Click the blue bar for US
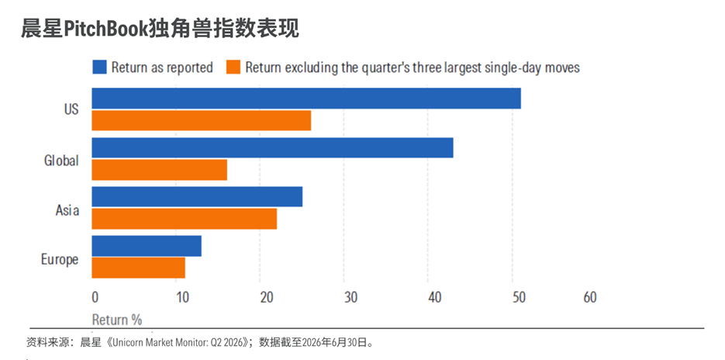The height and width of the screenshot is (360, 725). pos(306,98)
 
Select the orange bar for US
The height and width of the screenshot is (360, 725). pos(201,120)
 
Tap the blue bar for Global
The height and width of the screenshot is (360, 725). pos(272,147)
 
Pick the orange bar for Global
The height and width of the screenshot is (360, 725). pos(160,169)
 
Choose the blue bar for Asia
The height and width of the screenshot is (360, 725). pos(197,196)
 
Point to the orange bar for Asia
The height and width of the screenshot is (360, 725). pos(184,219)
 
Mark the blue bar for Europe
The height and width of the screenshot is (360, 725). pos(147,246)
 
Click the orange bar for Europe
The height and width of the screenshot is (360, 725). pos(138,268)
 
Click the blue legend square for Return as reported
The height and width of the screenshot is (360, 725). pos(99,67)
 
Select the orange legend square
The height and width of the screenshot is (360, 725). pos(233,67)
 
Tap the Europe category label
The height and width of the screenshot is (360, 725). pos(60,260)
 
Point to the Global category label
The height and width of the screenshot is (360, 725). pos(61,161)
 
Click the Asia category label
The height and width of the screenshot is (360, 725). pos(67,210)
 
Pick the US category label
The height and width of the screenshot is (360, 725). pos(71,109)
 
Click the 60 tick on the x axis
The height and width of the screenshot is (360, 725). pos(590,297)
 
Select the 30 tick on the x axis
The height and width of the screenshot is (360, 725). pos(351,297)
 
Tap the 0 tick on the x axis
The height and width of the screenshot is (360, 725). pos(95,297)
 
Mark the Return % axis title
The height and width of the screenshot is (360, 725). pos(117,320)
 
